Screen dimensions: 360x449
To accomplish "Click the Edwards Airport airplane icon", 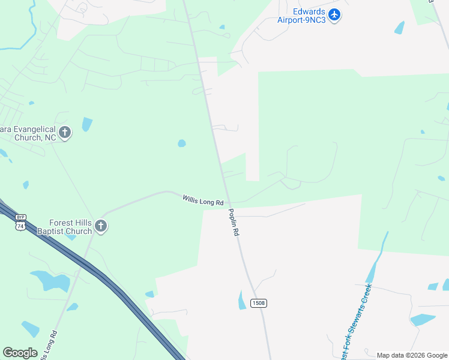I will click(335, 15).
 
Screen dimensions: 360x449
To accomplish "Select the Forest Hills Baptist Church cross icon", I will click(101, 226).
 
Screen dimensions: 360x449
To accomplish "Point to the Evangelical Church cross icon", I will click(65, 133).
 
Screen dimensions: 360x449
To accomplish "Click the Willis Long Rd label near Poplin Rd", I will click(203, 200).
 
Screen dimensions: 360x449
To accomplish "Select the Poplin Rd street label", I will click(234, 222).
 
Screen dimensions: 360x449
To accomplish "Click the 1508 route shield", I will click(259, 303).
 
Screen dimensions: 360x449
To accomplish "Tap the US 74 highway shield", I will click(21, 226).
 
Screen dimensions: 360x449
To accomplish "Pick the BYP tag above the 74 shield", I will click(21, 217).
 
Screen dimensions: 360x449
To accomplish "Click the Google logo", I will click(20, 353).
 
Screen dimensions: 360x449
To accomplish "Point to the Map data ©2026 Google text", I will click(412, 355).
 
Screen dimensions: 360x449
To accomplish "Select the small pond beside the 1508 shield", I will click(243, 301).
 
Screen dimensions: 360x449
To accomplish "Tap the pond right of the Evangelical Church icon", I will click(87, 124).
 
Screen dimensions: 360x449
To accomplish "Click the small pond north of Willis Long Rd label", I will click(181, 143).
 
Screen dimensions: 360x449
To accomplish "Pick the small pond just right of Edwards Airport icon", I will click(399, 28).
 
